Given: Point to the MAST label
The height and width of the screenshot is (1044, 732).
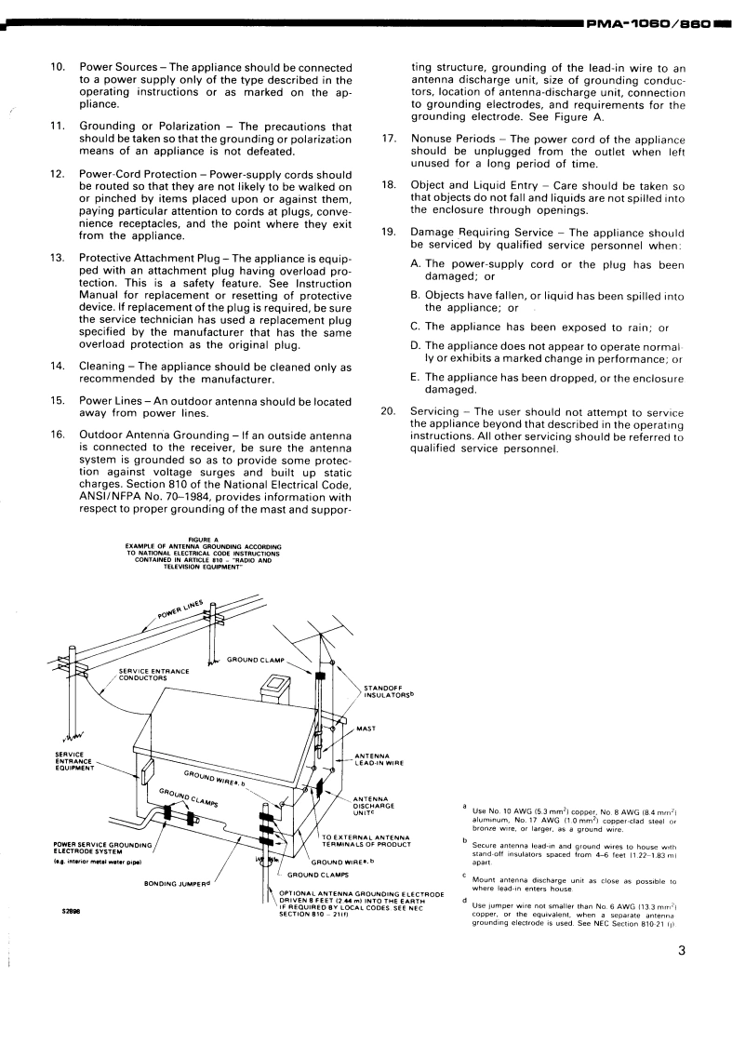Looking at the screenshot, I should [x=366, y=729].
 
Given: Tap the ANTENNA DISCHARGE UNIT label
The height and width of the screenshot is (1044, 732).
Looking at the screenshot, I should [x=375, y=806].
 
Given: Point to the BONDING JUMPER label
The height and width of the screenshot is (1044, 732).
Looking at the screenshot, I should [x=176, y=882].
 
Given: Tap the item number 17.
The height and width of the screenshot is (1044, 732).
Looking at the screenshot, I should [x=389, y=139].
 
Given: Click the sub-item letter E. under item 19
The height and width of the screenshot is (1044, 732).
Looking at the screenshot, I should [x=415, y=378].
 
